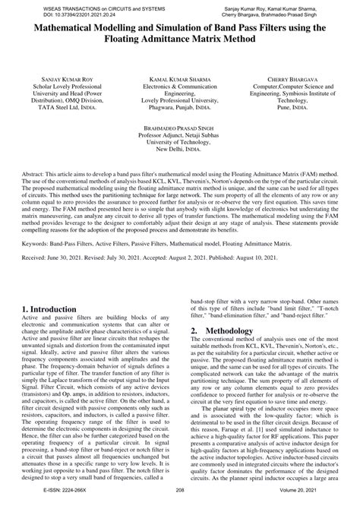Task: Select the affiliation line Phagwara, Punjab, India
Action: click(171, 108)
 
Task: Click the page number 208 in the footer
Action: click(180, 502)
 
